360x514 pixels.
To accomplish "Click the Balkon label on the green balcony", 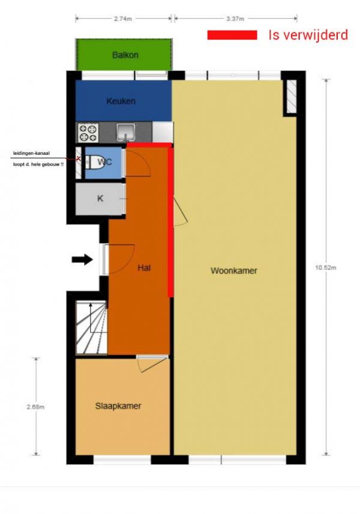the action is tap(125, 55).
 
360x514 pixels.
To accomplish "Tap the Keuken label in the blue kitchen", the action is tap(121, 101).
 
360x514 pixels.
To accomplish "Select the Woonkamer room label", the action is tap(234, 270).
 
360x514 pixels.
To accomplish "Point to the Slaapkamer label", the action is tap(118, 406).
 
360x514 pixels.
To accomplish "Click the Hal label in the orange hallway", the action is tap(144, 268).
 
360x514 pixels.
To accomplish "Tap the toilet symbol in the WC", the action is tap(95, 162).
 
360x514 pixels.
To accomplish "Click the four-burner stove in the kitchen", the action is tap(88, 133).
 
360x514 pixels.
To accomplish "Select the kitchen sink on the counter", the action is tap(126, 133).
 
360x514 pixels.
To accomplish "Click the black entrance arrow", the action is tap(83, 260).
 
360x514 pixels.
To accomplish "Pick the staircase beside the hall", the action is tap(91, 328).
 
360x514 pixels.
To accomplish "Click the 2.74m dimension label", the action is tap(123, 19).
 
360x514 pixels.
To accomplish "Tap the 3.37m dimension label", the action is tap(235, 19).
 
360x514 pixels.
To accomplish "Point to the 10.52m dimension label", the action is tap(326, 267).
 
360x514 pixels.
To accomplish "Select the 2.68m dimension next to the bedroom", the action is tap(36, 407).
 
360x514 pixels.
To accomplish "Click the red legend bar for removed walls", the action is tap(232, 35).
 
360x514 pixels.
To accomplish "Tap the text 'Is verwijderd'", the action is tap(308, 35).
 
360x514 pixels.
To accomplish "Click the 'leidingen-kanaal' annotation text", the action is tap(31, 153).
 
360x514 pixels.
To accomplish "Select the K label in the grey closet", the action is tap(100, 199).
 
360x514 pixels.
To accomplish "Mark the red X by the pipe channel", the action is tap(79, 158).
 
